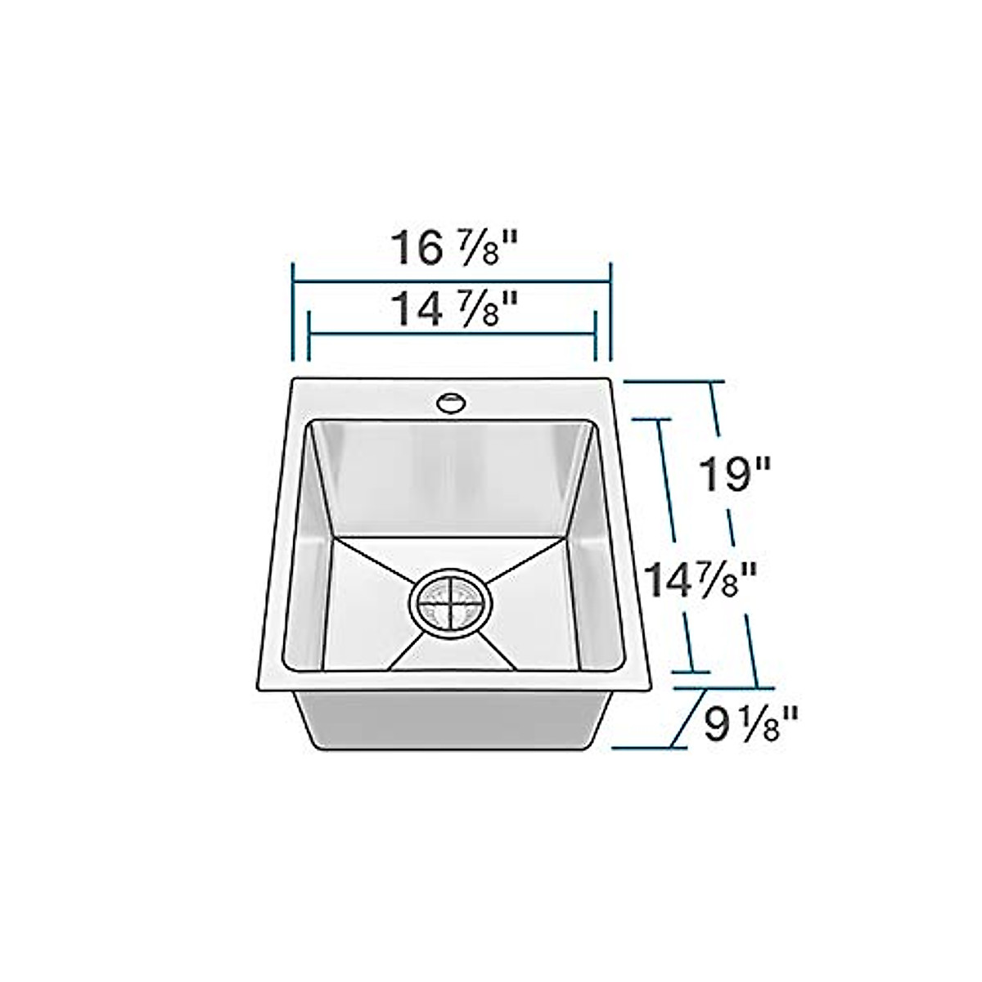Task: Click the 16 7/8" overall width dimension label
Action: [455, 248]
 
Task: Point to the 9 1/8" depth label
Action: [750, 723]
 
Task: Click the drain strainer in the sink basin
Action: [450, 603]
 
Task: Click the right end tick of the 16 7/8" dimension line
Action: [610, 311]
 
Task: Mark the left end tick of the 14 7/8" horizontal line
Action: [308, 336]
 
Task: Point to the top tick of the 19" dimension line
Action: [674, 382]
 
